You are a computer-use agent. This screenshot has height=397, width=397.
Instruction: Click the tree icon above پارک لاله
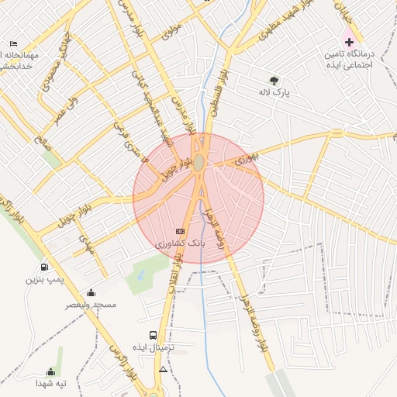[x=274, y=80]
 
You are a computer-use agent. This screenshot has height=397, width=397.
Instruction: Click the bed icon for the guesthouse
[x=12, y=44]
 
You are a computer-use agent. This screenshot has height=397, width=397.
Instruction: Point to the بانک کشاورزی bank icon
[x=181, y=231]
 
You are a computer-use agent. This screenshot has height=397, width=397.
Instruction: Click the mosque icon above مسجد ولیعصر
[x=91, y=292]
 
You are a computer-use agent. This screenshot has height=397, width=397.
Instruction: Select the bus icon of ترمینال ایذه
[x=153, y=335]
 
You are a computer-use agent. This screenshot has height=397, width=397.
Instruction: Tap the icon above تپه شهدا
[x=51, y=371]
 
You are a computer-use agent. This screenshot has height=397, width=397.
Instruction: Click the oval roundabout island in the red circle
[x=199, y=162]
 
